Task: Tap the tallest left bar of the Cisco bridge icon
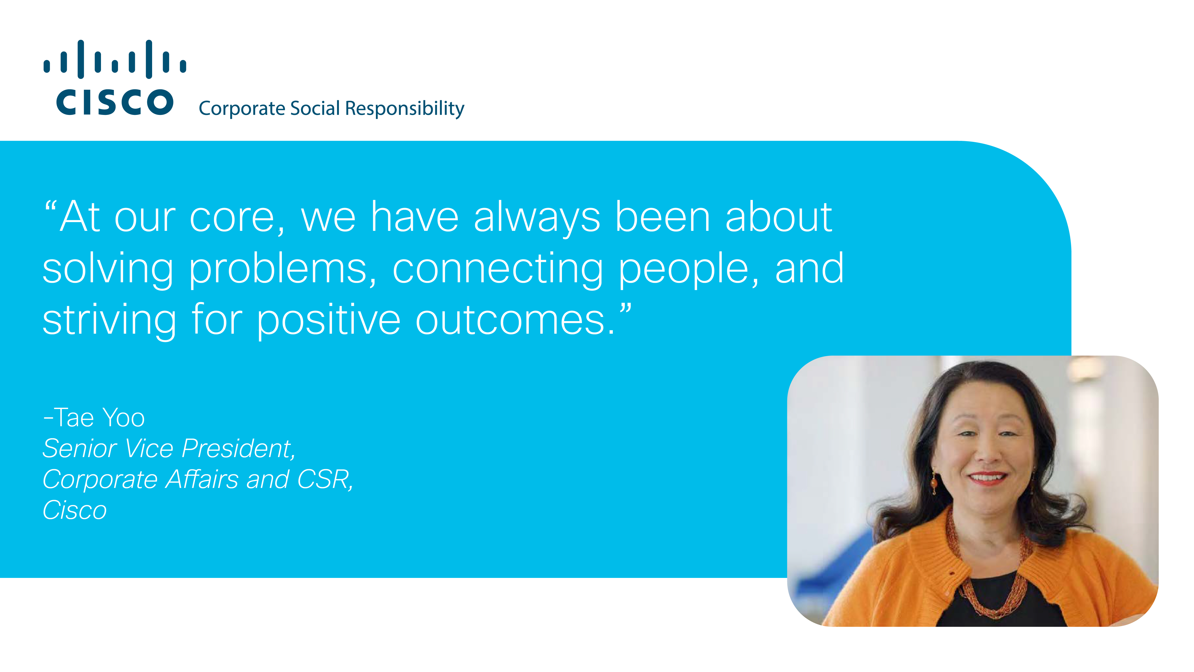coord(81,59)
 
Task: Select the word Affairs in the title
coord(202,479)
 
